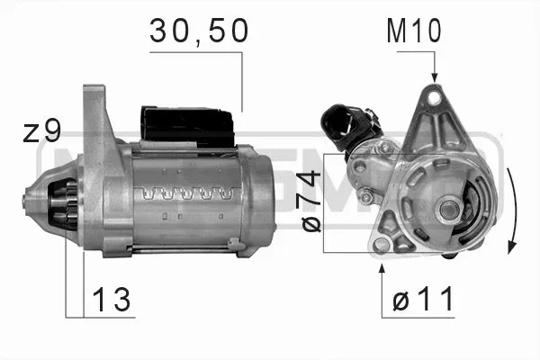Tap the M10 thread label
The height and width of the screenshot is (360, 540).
(x=414, y=32)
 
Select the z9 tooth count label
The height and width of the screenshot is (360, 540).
(x=41, y=132)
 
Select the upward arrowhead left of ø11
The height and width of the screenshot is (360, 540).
(x=384, y=268)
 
